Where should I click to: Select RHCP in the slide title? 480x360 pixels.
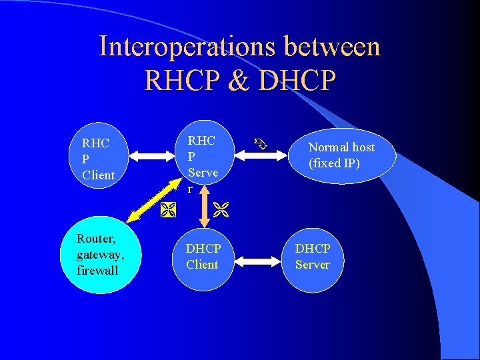(175, 80)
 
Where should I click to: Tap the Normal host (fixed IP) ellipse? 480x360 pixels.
(342, 155)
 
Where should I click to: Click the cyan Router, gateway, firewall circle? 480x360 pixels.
(99, 254)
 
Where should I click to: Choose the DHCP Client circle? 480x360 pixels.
(203, 256)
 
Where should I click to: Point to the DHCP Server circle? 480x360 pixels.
(313, 256)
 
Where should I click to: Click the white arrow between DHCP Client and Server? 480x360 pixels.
(258, 257)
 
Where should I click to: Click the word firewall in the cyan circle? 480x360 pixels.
(97, 270)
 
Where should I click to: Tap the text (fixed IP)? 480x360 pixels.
(334, 163)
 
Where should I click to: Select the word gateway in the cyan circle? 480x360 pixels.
(101, 254)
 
